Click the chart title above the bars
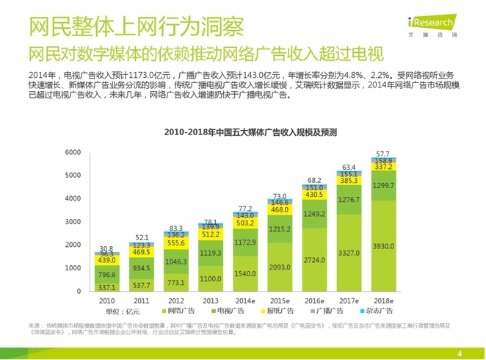250,132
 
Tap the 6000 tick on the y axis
72,152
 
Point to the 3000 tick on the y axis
72,222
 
